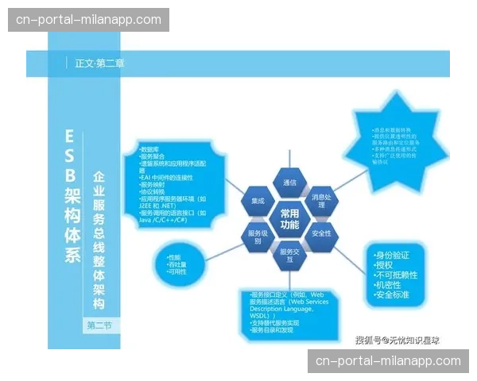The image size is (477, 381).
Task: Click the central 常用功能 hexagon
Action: [289, 219]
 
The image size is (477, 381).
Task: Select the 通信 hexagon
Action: [289, 183]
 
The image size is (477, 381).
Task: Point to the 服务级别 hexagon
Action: [258, 237]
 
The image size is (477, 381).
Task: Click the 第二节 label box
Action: [100, 325]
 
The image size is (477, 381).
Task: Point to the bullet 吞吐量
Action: [177, 264]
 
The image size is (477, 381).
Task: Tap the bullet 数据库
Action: [151, 149]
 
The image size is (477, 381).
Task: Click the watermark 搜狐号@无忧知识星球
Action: [397, 340]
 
